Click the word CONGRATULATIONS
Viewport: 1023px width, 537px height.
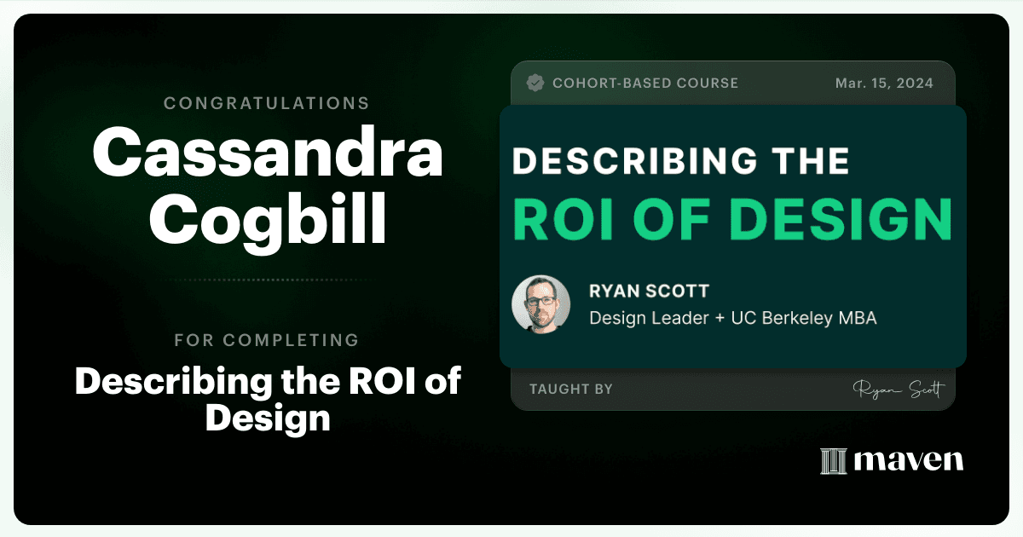click(266, 103)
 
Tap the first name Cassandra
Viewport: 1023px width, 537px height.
click(268, 151)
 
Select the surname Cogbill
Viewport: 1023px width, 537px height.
click(268, 221)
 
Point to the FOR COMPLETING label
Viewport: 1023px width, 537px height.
click(267, 340)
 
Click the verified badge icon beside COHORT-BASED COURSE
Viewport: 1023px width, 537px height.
click(535, 84)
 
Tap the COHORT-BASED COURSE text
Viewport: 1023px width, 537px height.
click(645, 84)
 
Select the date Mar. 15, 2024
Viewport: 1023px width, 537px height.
click(884, 84)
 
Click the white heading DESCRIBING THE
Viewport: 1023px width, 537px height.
click(680, 161)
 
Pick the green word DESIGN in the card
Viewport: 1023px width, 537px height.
click(841, 220)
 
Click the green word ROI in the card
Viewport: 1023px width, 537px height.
click(563, 220)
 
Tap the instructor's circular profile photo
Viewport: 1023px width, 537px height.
click(541, 304)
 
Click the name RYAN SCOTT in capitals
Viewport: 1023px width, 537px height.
click(649, 291)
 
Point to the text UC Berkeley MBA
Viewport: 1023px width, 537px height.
click(804, 318)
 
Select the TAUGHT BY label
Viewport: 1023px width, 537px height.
click(571, 389)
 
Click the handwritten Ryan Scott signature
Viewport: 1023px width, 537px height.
click(899, 390)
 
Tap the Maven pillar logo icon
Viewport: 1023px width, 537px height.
click(834, 461)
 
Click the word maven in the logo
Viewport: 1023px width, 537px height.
click(909, 460)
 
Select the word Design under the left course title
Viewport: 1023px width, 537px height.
click(268, 418)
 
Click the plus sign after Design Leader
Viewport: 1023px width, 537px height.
click(720, 318)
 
